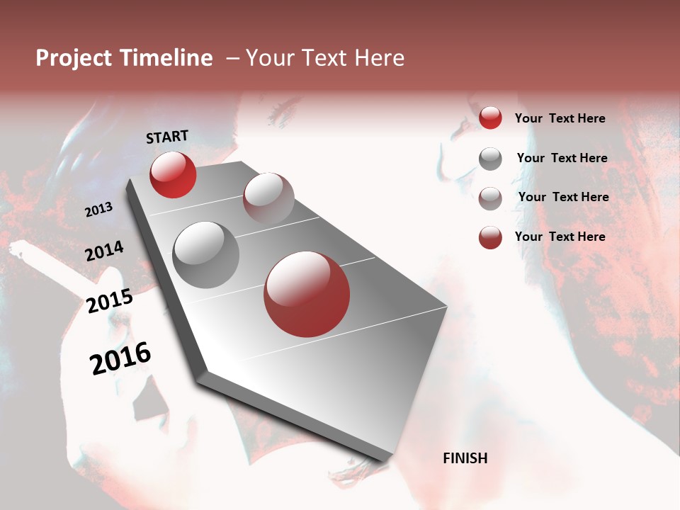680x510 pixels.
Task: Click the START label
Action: [x=167, y=137]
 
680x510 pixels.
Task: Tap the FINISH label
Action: [x=465, y=458]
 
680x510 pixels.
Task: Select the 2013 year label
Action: [x=98, y=209]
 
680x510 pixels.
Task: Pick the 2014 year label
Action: [x=104, y=251]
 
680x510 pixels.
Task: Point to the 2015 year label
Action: [x=110, y=301]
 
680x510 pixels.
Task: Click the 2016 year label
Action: [x=120, y=358]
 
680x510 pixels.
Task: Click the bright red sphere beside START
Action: [x=173, y=174]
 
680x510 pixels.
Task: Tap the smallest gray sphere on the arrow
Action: [x=268, y=198]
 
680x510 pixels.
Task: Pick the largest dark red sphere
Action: [x=307, y=294]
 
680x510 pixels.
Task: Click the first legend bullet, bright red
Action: [x=490, y=118]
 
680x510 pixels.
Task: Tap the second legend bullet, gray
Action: [x=490, y=159]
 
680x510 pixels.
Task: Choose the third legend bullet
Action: [x=490, y=198]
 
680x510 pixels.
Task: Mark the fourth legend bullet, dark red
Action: [x=490, y=237]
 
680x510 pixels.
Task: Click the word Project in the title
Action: [x=74, y=58]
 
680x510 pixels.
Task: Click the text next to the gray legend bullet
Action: [x=562, y=158]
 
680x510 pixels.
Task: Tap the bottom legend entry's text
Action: [x=560, y=237]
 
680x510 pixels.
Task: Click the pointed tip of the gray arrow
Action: [x=386, y=459]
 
